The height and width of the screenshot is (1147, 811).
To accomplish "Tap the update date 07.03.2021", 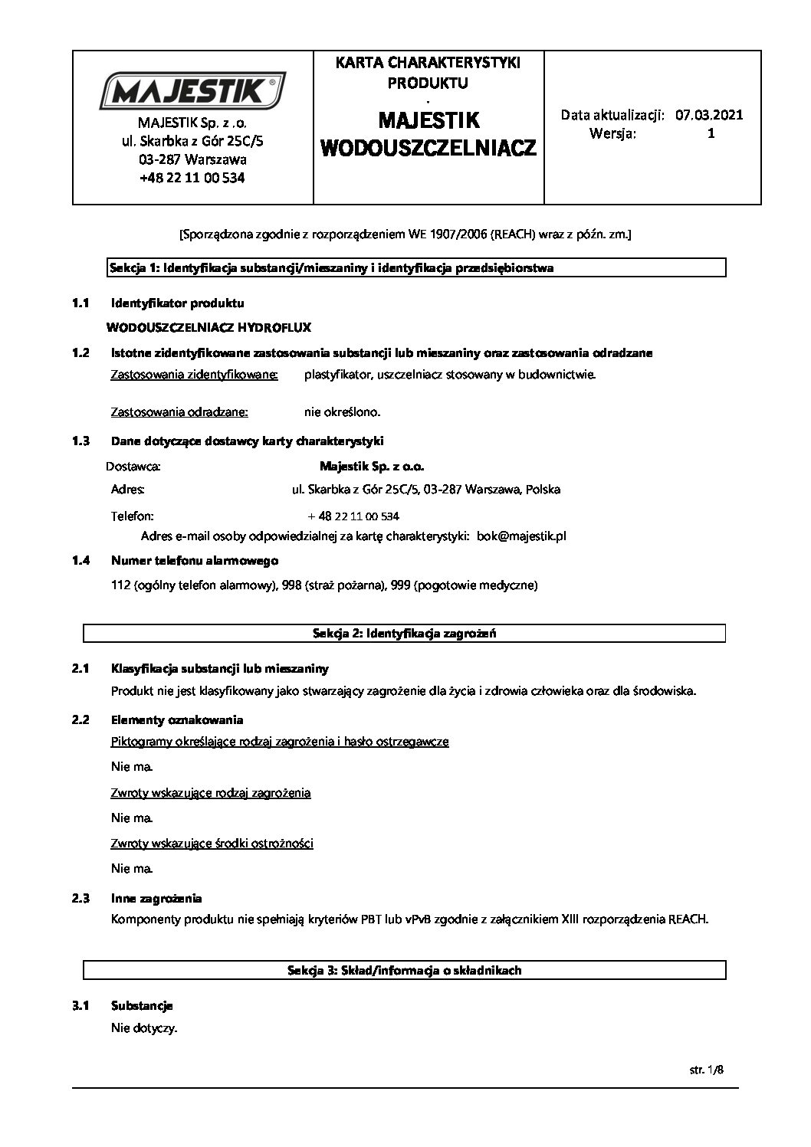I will tap(709, 116).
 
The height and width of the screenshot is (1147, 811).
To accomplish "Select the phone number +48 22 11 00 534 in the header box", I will tap(192, 178).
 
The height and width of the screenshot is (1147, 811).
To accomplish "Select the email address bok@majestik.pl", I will tap(521, 536).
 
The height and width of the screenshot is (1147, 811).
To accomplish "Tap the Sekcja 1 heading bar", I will tap(404, 268).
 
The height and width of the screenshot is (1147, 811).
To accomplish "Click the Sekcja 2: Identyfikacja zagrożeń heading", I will tap(404, 633).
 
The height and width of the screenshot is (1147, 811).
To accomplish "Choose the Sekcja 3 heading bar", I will tap(404, 970).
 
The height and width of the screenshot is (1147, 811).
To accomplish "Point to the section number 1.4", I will tap(80, 561).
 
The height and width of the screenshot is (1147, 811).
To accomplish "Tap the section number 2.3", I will tap(80, 898).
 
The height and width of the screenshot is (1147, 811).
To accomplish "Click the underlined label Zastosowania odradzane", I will tap(179, 412).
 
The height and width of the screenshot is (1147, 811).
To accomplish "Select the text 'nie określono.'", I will tap(342, 412).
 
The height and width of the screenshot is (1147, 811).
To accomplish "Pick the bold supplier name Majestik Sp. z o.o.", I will tap(371, 466).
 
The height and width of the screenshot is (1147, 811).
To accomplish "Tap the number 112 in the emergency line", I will tap(120, 585).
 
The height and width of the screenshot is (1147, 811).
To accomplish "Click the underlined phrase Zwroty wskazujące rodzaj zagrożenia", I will tap(211, 792).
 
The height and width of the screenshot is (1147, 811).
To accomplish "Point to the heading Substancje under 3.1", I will tap(142, 1005).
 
